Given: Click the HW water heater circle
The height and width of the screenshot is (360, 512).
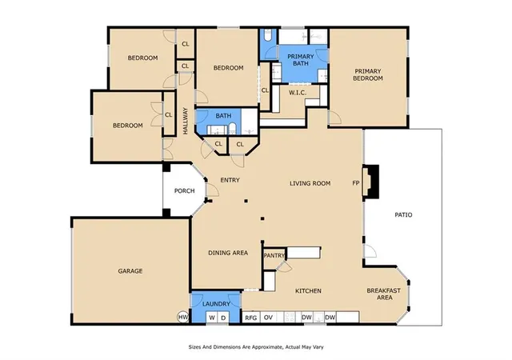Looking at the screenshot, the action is pyautogui.click(x=183, y=317).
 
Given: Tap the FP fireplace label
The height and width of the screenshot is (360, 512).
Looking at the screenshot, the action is pyautogui.click(x=356, y=183).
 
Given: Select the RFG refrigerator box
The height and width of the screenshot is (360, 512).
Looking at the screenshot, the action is pyautogui.click(x=251, y=318).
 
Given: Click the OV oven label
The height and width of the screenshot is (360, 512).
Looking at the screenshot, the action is pyautogui.click(x=268, y=318).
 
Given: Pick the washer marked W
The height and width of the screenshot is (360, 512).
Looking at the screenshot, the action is pyautogui.click(x=212, y=318).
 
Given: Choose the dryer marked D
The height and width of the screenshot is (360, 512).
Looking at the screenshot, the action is pyautogui.click(x=223, y=318).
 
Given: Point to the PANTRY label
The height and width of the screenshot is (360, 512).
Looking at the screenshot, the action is pyautogui.click(x=274, y=255).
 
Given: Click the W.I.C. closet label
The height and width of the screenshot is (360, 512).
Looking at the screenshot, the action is pyautogui.click(x=298, y=93).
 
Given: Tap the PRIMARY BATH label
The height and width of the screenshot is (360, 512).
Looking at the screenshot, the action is pyautogui.click(x=301, y=60).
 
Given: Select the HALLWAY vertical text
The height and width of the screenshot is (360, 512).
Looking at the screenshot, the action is pyautogui.click(x=186, y=121).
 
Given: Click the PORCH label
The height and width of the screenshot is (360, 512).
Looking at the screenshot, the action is pyautogui.click(x=185, y=190).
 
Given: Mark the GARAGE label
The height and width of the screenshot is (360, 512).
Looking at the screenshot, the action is pyautogui.click(x=130, y=271).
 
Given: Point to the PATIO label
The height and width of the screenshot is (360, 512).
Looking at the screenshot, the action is pyautogui.click(x=403, y=215).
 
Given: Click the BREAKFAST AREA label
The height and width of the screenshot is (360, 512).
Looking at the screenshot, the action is pyautogui.click(x=384, y=294).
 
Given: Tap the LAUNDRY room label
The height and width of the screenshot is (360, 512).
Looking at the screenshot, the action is pyautogui.click(x=216, y=304).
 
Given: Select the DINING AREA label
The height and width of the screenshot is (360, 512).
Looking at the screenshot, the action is pyautogui.click(x=228, y=253).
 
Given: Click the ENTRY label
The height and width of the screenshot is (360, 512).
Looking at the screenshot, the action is pyautogui.click(x=230, y=180).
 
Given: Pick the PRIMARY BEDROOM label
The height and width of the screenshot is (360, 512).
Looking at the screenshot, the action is pyautogui.click(x=368, y=75).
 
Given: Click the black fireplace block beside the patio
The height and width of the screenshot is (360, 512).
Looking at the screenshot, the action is pyautogui.click(x=373, y=182).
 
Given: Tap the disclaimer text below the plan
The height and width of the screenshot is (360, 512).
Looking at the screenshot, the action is pyautogui.click(x=256, y=347).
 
